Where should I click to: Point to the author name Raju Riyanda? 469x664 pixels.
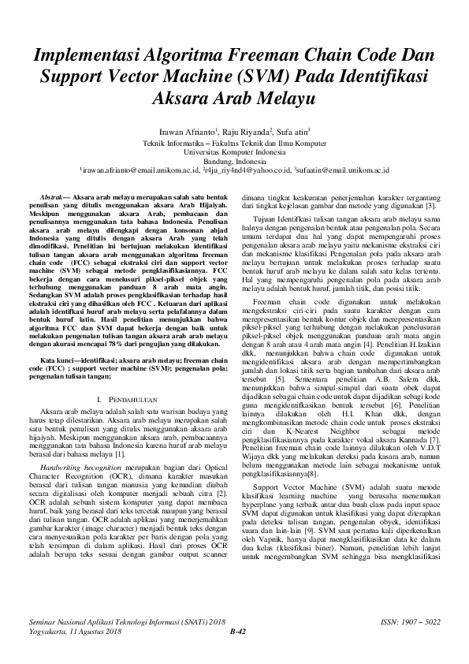(247, 132)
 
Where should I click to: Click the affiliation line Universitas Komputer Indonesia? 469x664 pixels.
(234, 151)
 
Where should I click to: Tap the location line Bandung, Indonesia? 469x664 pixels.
(234, 160)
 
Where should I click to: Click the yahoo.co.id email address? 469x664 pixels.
(245, 170)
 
